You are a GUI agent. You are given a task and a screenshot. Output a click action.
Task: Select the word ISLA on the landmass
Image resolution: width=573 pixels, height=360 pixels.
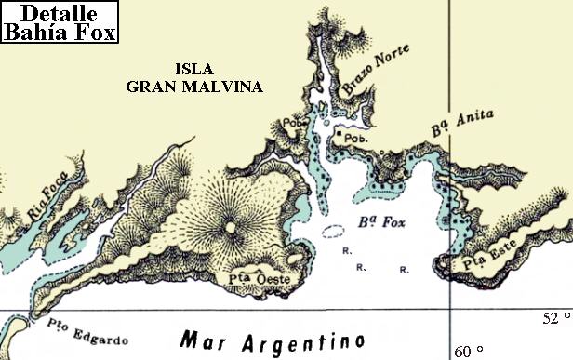tap(196, 69)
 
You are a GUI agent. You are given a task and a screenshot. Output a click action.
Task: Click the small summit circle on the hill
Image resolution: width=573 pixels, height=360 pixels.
tap(230, 225)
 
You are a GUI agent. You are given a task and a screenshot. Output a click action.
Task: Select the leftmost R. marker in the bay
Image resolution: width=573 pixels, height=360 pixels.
tap(345, 251)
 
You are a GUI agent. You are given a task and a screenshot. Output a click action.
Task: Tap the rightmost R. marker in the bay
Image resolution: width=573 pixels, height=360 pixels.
tap(404, 270)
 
